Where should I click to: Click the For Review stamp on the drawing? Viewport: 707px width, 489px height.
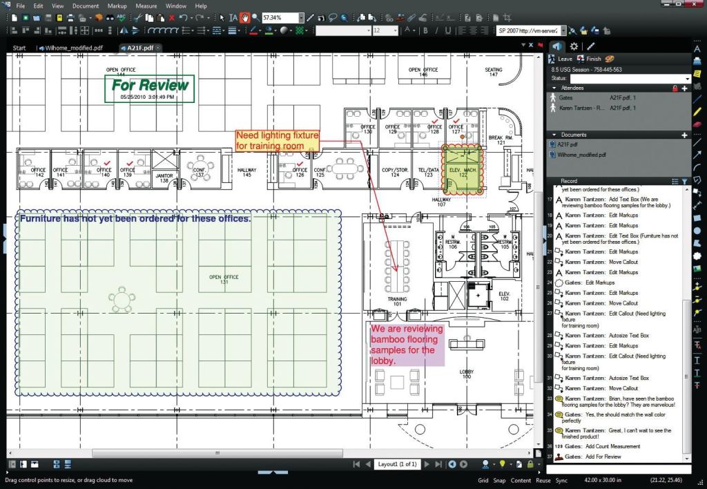click(149, 88)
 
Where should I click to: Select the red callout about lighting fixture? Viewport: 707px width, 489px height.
click(278, 140)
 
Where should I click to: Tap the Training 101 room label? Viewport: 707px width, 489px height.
click(397, 301)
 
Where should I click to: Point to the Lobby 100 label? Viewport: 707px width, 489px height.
click(467, 374)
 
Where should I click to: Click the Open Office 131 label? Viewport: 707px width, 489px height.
click(224, 279)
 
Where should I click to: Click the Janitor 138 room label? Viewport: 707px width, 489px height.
click(164, 178)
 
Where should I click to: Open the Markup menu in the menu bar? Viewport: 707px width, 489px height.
click(117, 6)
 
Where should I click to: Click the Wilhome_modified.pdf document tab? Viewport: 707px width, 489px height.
click(74, 48)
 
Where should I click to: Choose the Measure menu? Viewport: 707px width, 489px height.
click(146, 6)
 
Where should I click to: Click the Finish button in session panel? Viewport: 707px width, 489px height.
click(594, 59)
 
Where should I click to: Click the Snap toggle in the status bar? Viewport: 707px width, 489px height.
click(500, 480)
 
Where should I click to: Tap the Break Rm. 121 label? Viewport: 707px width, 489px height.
click(496, 140)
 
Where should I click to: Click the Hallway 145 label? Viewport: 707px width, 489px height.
click(246, 172)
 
